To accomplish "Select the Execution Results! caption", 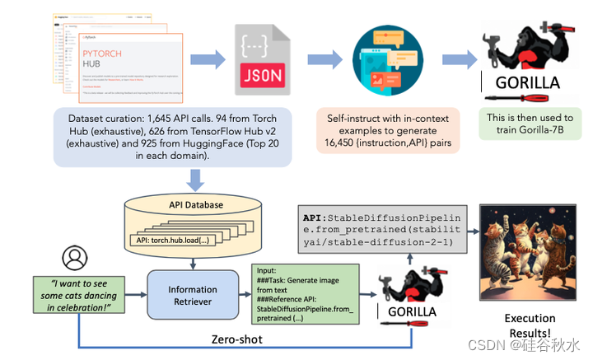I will [529, 324].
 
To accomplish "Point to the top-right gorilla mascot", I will [526, 49].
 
